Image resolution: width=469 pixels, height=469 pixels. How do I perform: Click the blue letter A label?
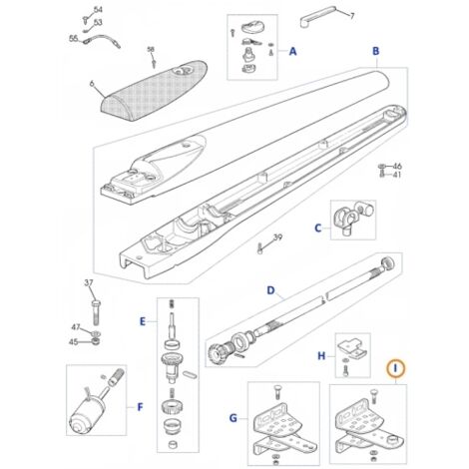(292, 52)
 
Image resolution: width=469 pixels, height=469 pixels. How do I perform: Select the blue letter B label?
(375, 51)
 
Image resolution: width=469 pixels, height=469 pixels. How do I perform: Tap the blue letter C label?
(318, 229)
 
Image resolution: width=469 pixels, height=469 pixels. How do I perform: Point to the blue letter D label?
(271, 290)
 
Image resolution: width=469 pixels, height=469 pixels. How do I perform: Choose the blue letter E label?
(143, 321)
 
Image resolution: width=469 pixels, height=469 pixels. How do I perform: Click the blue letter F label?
(140, 407)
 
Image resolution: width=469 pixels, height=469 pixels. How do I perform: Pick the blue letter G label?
(234, 418)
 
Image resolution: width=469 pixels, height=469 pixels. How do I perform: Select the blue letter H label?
(321, 356)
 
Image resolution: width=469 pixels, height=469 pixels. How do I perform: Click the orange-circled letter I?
(395, 368)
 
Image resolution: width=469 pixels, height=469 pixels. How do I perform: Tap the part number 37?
(89, 283)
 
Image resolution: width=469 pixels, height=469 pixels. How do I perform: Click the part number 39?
(277, 237)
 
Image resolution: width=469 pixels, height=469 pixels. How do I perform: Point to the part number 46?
(397, 166)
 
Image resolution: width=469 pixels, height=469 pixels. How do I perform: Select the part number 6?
(92, 84)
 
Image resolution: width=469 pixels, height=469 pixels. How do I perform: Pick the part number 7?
(352, 16)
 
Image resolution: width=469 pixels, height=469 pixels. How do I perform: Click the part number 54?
(98, 10)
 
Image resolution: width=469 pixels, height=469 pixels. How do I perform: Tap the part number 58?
(151, 50)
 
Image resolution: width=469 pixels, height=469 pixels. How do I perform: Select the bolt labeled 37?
(96, 312)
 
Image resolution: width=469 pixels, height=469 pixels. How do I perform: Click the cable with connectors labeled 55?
(101, 41)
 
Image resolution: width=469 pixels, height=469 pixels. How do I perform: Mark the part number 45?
(74, 342)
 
